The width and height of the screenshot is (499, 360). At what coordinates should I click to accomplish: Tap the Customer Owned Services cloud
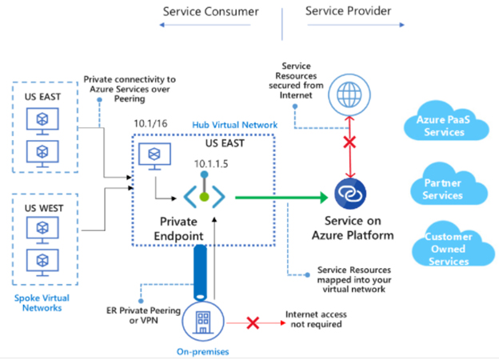(453, 245)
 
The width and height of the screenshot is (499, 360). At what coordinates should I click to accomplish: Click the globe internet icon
(349, 95)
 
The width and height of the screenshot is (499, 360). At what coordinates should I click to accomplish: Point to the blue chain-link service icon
(350, 194)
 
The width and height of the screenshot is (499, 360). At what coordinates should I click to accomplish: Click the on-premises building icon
(203, 322)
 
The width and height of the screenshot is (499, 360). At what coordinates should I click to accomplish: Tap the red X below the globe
(349, 142)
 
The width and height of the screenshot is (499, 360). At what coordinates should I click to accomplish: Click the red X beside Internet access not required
(253, 323)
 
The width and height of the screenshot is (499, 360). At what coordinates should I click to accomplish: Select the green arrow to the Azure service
(281, 198)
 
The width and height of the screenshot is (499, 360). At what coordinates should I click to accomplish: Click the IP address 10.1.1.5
(211, 164)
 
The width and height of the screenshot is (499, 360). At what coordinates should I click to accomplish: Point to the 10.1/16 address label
(150, 123)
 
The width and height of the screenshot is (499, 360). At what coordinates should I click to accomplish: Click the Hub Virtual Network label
(235, 125)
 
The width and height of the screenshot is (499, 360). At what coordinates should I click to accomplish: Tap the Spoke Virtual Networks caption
(42, 303)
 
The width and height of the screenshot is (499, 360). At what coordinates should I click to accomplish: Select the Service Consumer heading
(210, 12)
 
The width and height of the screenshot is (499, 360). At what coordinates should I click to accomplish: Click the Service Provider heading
(348, 11)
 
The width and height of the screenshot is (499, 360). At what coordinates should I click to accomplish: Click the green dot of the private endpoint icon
(204, 197)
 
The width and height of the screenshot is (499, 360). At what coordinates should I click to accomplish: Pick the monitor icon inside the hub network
(154, 156)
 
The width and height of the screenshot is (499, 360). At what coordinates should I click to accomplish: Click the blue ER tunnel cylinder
(200, 273)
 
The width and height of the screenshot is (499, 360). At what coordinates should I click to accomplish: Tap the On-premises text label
(203, 352)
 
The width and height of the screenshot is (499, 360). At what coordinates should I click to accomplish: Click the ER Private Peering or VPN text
(143, 315)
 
